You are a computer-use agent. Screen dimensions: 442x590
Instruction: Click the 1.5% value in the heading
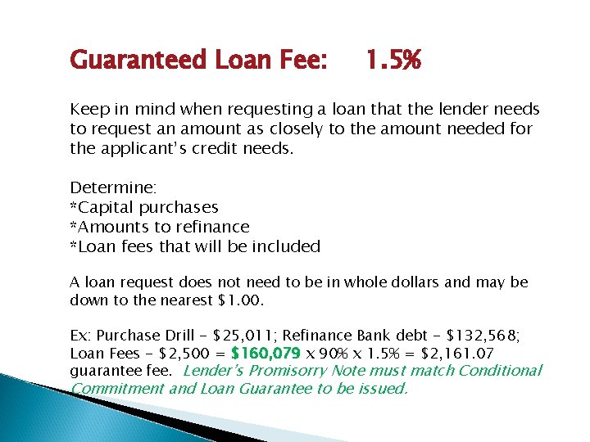(x=393, y=60)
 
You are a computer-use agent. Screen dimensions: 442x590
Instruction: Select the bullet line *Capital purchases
(x=144, y=208)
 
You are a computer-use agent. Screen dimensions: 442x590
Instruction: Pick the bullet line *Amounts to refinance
(x=160, y=227)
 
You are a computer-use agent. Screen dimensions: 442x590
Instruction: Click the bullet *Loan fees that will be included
(x=195, y=246)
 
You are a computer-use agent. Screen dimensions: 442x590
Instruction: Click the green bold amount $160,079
(x=266, y=354)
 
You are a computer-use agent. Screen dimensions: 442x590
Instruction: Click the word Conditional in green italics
(x=500, y=371)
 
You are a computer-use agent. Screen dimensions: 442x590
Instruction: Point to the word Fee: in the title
(x=301, y=60)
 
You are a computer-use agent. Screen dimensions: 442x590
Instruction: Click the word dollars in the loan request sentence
(x=414, y=282)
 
